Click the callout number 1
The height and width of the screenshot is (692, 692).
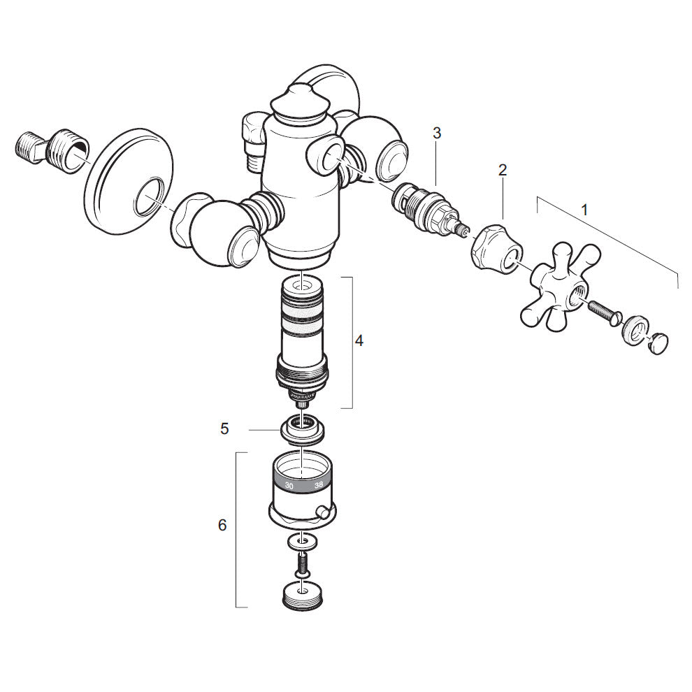pos(584,210)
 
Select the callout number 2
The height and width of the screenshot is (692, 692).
pos(503,170)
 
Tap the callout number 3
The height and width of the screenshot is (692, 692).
pos(437,133)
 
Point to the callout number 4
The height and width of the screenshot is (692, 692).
pos(359,340)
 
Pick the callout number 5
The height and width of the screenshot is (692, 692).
pos(224,428)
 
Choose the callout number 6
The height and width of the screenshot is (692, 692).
pos(222,525)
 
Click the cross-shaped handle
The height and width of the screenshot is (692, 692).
pos(561,285)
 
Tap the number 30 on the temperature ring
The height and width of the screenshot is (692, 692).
pos(289,486)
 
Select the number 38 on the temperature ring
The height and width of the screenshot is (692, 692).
pos(318,484)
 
